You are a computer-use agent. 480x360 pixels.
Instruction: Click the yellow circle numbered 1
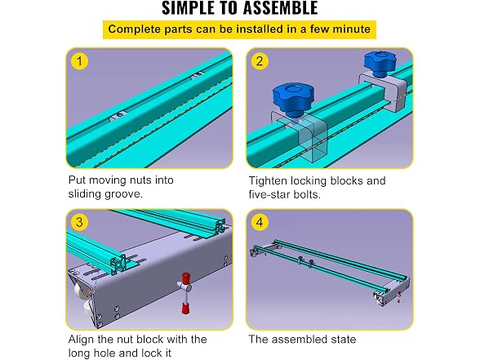pyautogui.click(x=80, y=61)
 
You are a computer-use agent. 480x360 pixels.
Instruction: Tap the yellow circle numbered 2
pyautogui.click(x=260, y=61)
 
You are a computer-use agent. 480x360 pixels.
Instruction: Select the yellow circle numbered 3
pyautogui.click(x=80, y=222)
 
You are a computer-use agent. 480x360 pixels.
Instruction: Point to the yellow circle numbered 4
pyautogui.click(x=260, y=222)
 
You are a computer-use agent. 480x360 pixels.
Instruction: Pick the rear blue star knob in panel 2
pyautogui.click(x=380, y=64)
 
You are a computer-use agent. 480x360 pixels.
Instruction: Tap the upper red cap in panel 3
pyautogui.click(x=184, y=279)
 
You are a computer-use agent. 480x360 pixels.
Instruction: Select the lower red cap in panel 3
pyautogui.click(x=184, y=307)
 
